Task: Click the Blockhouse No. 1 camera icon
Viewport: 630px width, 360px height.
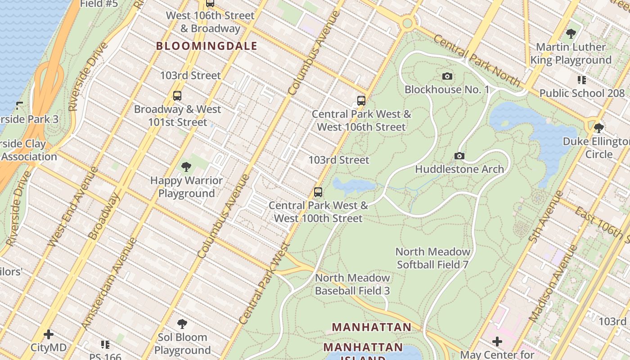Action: tap(447, 76)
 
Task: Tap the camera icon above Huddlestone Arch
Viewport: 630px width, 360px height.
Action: tap(459, 156)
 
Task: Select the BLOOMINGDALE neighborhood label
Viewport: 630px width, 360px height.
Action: tap(207, 46)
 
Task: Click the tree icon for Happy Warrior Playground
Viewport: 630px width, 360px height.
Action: tap(186, 167)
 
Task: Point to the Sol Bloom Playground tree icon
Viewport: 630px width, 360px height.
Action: tap(182, 324)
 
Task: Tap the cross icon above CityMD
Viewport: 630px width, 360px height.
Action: tap(49, 334)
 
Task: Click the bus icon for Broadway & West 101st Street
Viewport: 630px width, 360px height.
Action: tap(177, 96)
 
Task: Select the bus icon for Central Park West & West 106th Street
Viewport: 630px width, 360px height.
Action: tap(361, 100)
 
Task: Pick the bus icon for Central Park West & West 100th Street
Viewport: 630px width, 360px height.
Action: tap(318, 192)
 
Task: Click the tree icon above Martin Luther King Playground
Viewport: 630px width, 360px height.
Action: tap(571, 33)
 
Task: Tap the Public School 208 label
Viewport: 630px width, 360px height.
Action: tap(582, 93)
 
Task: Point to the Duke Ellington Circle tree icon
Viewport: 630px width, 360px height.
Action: tap(598, 128)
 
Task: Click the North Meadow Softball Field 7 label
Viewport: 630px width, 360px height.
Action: tap(432, 258)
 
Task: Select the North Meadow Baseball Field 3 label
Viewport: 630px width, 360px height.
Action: tap(352, 284)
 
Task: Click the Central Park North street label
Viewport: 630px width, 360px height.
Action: tap(477, 61)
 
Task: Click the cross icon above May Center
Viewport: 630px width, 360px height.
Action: tap(497, 342)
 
